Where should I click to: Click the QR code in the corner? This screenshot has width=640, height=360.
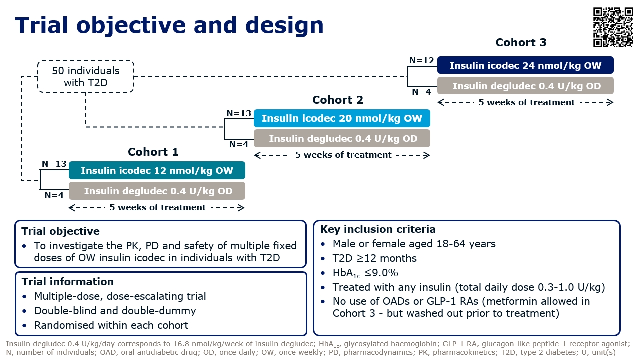(x=613, y=27)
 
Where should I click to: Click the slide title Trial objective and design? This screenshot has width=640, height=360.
(x=169, y=25)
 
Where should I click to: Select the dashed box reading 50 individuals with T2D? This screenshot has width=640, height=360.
(x=86, y=76)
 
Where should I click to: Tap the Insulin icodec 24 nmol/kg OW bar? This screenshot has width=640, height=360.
(x=525, y=66)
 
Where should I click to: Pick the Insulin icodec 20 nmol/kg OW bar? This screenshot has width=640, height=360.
(x=341, y=118)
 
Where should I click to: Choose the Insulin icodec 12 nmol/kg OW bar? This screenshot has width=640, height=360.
(x=157, y=171)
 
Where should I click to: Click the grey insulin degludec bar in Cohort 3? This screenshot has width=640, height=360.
(x=526, y=86)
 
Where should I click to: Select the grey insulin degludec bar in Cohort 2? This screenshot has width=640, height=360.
(x=342, y=138)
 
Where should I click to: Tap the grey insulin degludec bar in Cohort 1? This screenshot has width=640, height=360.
(x=157, y=191)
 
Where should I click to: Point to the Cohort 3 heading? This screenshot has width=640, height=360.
(x=521, y=42)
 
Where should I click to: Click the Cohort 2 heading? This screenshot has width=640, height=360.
(x=338, y=100)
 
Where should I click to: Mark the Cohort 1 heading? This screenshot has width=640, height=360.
(x=153, y=152)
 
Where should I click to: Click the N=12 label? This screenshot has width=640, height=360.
(x=422, y=61)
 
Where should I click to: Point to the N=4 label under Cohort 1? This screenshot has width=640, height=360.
(x=54, y=196)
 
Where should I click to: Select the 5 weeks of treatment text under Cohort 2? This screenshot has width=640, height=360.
(x=343, y=155)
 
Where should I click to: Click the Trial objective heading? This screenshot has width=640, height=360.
(x=60, y=231)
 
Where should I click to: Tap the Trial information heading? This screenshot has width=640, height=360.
(x=67, y=282)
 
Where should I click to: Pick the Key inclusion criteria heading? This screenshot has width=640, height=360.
(x=378, y=229)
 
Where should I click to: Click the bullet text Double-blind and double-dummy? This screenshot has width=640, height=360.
(x=115, y=311)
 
